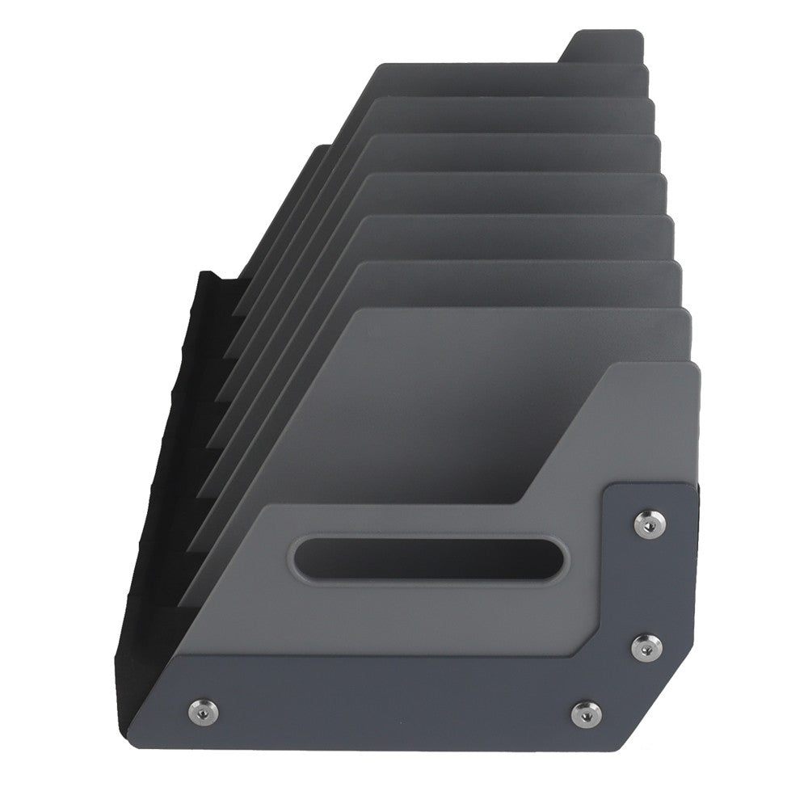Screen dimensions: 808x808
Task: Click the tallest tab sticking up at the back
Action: coord(602,48)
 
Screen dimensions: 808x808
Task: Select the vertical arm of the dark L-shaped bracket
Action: coord(650,582)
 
